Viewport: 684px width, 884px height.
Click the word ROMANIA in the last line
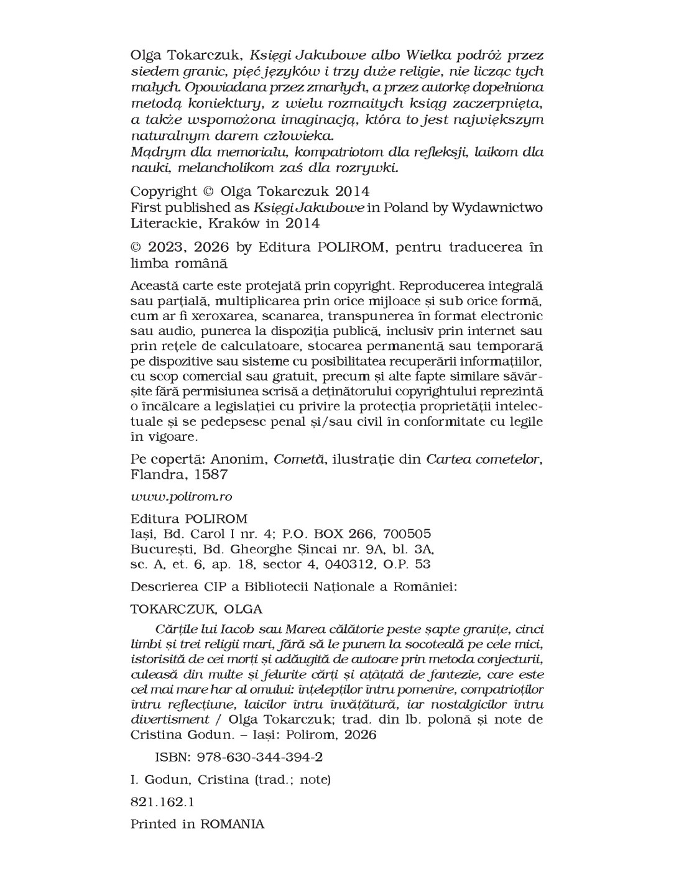coord(232,824)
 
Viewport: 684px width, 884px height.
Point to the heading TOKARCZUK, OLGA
coord(196,608)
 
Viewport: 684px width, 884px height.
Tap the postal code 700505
coord(407,534)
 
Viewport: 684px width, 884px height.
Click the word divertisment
coord(170,719)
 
